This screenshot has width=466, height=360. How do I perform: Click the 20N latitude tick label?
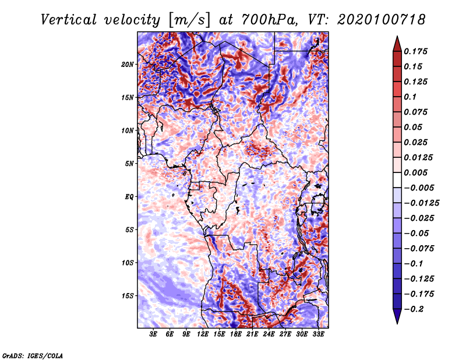(x=128, y=65)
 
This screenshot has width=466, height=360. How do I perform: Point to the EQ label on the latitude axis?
(x=129, y=197)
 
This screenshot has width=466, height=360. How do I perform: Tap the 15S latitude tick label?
(x=128, y=296)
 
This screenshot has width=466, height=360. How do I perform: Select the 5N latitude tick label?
(x=129, y=164)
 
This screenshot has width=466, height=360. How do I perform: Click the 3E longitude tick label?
(x=153, y=334)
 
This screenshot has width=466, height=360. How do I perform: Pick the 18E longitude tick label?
(x=236, y=334)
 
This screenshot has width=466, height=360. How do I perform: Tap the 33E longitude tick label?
(x=318, y=334)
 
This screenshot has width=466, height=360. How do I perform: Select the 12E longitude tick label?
(x=203, y=334)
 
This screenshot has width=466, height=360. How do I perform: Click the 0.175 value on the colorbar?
(x=415, y=51)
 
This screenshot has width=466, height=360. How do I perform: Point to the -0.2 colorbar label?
(x=414, y=309)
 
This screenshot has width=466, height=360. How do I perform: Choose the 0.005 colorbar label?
(x=415, y=172)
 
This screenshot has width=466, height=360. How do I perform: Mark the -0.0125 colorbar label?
(x=421, y=203)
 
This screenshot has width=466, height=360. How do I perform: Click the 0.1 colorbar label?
(x=410, y=97)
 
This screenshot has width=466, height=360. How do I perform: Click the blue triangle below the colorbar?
(x=397, y=316)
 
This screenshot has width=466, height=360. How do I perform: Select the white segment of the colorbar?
(x=397, y=180)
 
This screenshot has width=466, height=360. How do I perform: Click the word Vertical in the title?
(x=69, y=20)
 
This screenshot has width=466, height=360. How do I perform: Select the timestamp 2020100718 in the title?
(x=382, y=20)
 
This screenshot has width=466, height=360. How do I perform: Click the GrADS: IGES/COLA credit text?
(x=33, y=355)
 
